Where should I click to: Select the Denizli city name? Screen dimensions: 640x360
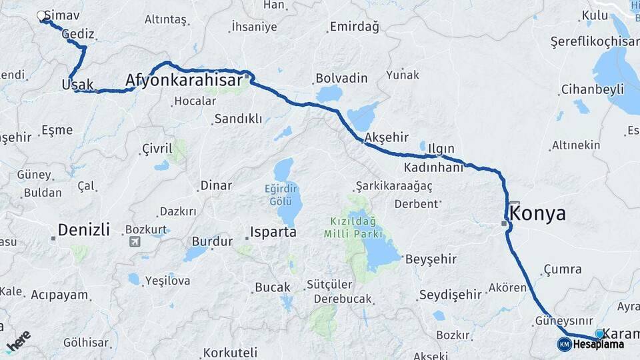[x=83, y=230]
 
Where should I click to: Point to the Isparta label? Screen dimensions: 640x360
[x=273, y=233]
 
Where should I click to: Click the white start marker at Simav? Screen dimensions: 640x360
[x=41, y=15]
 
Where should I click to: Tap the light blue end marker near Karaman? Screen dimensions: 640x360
[x=599, y=333]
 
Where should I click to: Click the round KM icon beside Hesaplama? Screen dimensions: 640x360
[x=565, y=344]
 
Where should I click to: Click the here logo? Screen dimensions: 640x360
[x=19, y=341]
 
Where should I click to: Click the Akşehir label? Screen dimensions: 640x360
[x=386, y=137]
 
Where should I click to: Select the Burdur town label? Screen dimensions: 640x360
[x=212, y=241]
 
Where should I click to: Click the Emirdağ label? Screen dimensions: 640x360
[x=354, y=27]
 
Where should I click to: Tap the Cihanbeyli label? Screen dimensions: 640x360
[x=592, y=89]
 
